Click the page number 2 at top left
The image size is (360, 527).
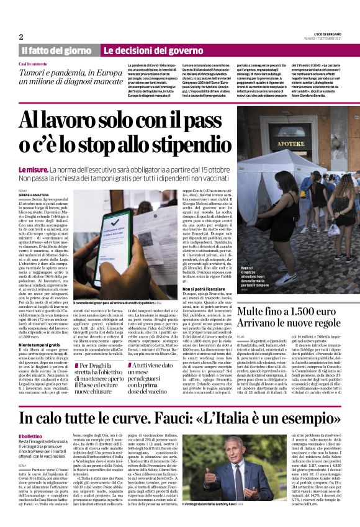(21, 37)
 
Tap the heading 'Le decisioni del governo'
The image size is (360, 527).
(144, 50)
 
